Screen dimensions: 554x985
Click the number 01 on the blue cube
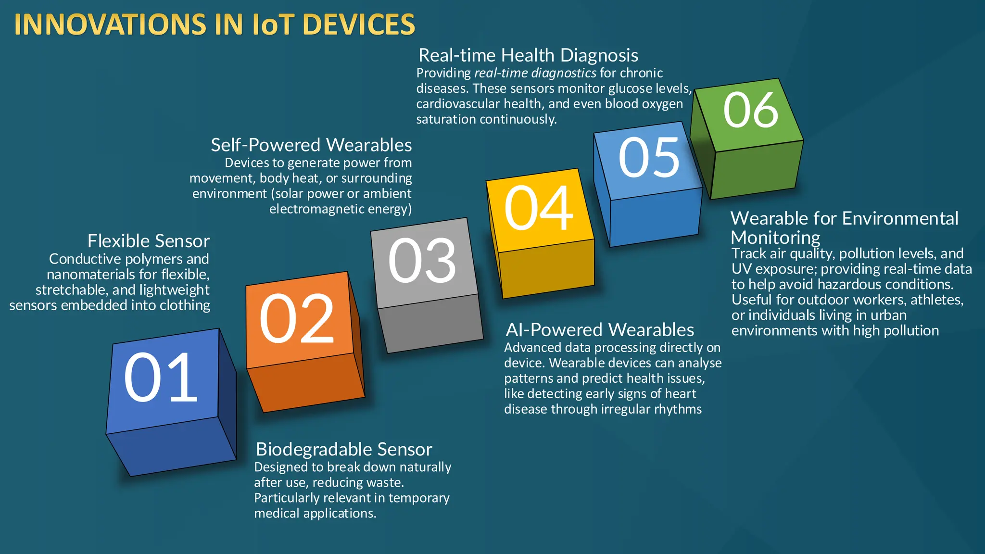(x=161, y=378)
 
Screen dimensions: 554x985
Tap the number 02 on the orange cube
(x=297, y=319)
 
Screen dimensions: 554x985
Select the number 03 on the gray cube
(x=422, y=261)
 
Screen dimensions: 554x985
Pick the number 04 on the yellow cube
(x=539, y=208)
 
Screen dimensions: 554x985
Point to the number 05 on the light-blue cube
(x=649, y=157)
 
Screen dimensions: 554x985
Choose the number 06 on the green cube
(x=750, y=110)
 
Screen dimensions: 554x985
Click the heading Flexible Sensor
(x=149, y=241)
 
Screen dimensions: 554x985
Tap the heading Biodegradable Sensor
(x=344, y=449)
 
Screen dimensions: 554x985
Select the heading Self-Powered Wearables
(x=311, y=145)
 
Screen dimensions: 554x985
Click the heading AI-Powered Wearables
(x=600, y=330)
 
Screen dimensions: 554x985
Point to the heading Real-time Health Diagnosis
(x=528, y=55)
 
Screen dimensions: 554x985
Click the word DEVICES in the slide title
(x=359, y=25)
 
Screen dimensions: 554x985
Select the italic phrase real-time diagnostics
(x=535, y=73)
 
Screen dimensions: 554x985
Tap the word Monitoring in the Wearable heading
(x=775, y=238)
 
